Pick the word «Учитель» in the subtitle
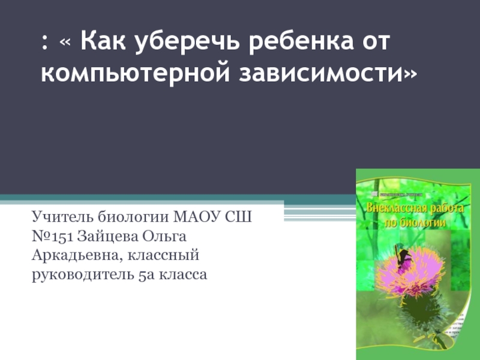pyautogui.click(x=61, y=215)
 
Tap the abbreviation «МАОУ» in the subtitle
pyautogui.click(x=197, y=215)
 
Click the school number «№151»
pyautogui.click(x=52, y=235)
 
